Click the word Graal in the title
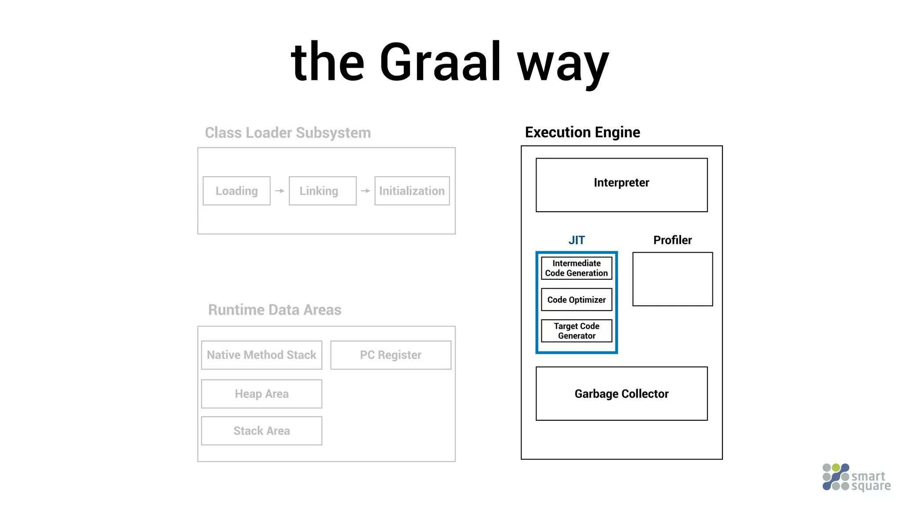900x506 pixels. click(439, 62)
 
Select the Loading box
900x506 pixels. click(236, 191)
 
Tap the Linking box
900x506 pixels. click(322, 191)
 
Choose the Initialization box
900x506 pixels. click(412, 191)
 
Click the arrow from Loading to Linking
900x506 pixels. click(279, 191)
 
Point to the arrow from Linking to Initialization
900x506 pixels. click(365, 191)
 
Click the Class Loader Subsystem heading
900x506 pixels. click(288, 133)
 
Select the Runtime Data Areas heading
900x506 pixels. click(275, 310)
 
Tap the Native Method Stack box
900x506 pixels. click(261, 355)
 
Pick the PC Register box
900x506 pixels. click(391, 355)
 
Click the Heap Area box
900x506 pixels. click(261, 394)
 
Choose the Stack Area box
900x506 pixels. click(261, 431)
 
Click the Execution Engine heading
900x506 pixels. click(582, 132)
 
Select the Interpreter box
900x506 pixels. click(621, 185)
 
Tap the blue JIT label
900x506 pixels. click(577, 240)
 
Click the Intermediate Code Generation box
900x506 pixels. click(577, 268)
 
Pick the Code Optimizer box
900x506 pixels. click(577, 300)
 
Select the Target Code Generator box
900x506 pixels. click(577, 331)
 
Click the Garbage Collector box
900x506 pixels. click(621, 394)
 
